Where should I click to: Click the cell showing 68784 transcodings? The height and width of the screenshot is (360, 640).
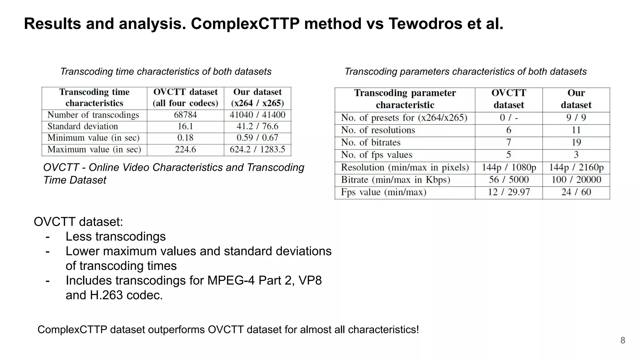tap(185, 115)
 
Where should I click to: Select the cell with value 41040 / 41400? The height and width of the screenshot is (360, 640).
tap(257, 115)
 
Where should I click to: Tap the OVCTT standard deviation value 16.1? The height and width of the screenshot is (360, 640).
tap(185, 127)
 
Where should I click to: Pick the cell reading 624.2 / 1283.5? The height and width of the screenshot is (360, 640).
tap(257, 150)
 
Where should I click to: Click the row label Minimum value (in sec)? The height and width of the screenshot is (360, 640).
tap(93, 138)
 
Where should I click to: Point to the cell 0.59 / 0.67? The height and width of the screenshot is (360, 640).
tap(257, 138)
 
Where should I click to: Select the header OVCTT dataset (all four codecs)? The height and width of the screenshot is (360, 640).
tap(185, 98)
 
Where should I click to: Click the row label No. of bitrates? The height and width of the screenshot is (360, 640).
tap(371, 143)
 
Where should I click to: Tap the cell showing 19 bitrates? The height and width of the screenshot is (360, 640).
tap(576, 143)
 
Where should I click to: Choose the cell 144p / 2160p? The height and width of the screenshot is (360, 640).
tap(576, 167)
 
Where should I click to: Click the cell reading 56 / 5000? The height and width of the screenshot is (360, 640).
tap(509, 180)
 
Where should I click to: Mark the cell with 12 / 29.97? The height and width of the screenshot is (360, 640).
tap(509, 192)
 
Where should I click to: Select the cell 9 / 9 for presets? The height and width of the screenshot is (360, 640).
tap(576, 118)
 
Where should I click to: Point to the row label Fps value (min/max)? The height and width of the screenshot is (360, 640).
tap(384, 192)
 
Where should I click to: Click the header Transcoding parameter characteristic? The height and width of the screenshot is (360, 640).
tap(405, 99)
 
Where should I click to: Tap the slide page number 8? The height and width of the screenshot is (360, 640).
tap(622, 341)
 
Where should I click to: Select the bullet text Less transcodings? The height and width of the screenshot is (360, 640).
tap(116, 237)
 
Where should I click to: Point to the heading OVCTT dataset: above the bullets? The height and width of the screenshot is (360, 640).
tap(78, 222)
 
